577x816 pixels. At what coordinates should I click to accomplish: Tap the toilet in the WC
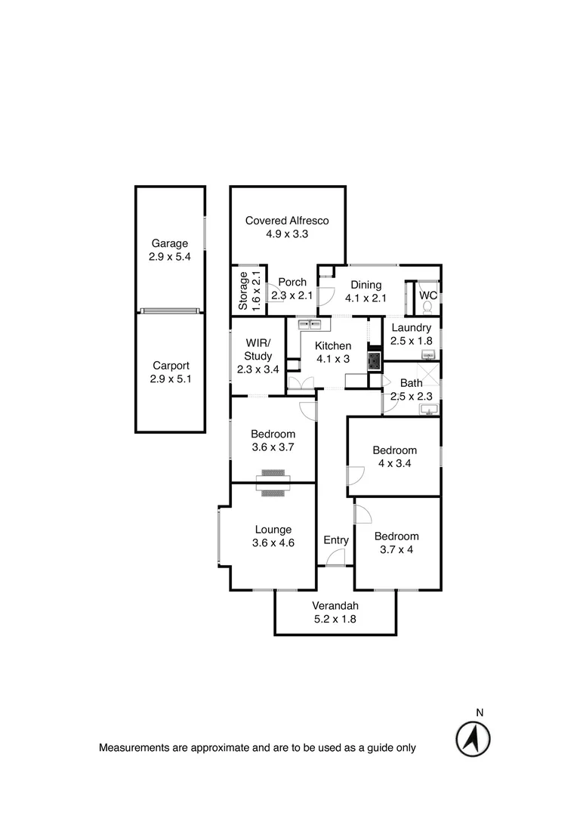tap(428, 307)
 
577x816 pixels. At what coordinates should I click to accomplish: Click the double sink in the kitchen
tap(310, 325)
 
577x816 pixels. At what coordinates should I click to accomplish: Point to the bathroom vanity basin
tap(430, 410)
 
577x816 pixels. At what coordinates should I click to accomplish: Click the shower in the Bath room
tap(430, 376)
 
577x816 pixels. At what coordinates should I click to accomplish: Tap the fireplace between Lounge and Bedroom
tap(272, 484)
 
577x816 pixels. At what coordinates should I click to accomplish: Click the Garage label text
tap(170, 243)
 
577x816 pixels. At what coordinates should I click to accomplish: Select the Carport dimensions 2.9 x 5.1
tap(170, 379)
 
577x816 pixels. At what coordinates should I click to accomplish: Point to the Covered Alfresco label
tap(287, 221)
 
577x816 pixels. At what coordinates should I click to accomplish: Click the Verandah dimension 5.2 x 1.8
tap(335, 619)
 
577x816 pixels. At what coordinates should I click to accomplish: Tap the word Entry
tap(336, 540)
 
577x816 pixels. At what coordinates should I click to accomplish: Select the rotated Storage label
tap(243, 291)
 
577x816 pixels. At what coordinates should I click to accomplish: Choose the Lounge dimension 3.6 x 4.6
tap(273, 543)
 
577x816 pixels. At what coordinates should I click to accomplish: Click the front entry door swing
tap(336, 558)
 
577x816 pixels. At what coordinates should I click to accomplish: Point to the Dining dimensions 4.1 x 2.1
tap(366, 298)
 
